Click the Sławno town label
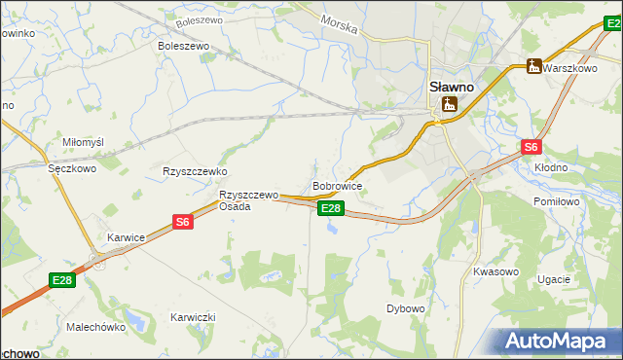[x=452, y=86]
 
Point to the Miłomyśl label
[x=83, y=142]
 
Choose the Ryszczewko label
[x=195, y=170]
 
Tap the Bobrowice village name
[x=338, y=185]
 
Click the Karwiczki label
[x=193, y=317]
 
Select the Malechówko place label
[x=96, y=327]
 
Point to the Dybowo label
[x=406, y=308]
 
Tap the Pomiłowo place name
[x=557, y=201]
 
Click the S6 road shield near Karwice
[x=183, y=223]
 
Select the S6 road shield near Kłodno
[x=530, y=148]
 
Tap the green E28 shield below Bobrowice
[x=331, y=208]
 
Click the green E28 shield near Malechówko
[x=62, y=281]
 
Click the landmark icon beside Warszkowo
[x=532, y=66]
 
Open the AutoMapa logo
[x=557, y=341]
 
